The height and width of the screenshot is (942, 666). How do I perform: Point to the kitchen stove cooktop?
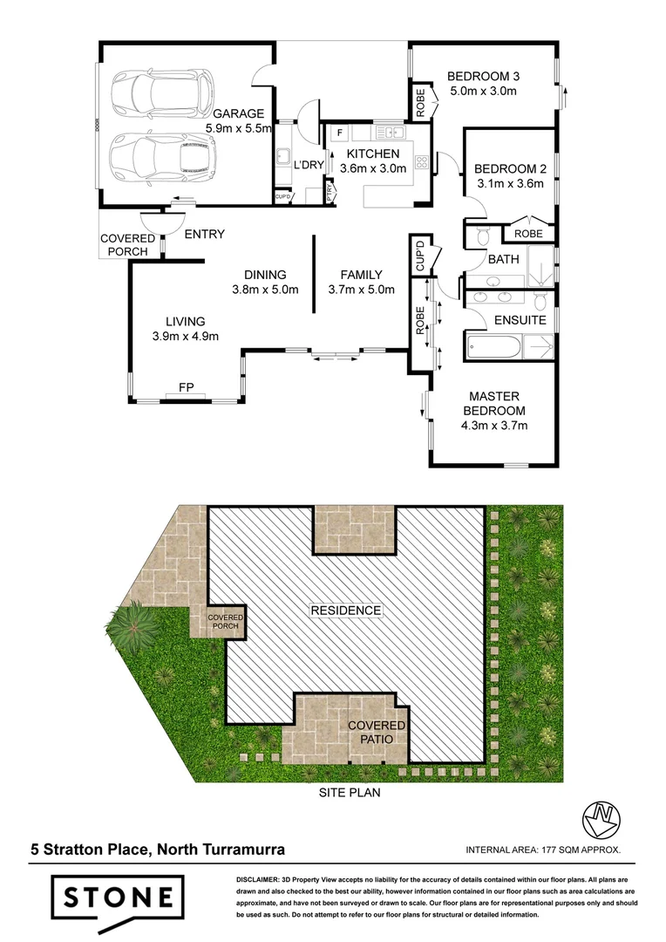(x=421, y=162)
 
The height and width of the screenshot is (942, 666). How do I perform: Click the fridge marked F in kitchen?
(x=339, y=133)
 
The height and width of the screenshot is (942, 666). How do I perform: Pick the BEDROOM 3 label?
(x=483, y=75)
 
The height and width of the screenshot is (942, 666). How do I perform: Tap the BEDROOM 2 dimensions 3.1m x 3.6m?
(x=509, y=184)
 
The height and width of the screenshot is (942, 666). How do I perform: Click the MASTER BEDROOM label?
(x=493, y=404)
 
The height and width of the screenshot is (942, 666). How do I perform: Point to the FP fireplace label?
(x=185, y=386)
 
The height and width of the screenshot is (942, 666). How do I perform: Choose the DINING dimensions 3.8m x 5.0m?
(x=265, y=290)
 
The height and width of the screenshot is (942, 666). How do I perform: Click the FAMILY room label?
(x=361, y=275)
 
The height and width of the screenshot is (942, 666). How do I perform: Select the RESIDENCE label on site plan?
(x=346, y=611)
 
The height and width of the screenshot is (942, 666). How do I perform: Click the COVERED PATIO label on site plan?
(x=377, y=732)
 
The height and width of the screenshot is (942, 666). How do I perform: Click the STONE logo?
(x=116, y=898)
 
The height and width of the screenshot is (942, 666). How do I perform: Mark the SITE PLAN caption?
(x=349, y=794)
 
